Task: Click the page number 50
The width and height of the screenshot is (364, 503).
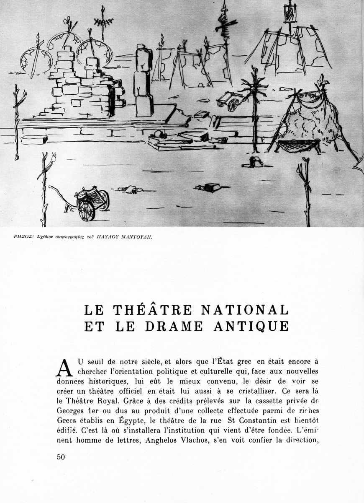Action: tap(61, 457)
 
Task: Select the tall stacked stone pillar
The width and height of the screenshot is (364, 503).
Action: tap(144, 82)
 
